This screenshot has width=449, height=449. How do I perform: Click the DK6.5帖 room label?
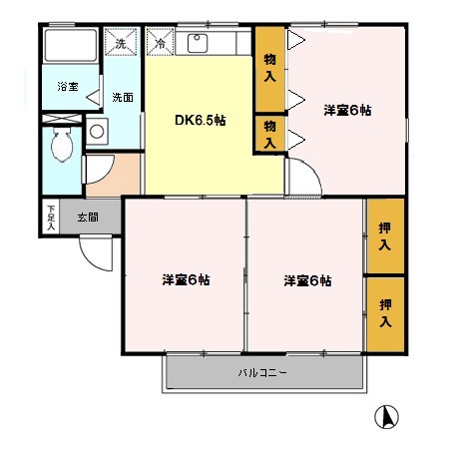(x=201, y=120)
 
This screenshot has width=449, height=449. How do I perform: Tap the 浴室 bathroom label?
(x=68, y=87)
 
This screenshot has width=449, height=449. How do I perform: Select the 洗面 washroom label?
(x=123, y=97)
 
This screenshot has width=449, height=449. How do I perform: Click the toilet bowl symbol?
(x=62, y=145)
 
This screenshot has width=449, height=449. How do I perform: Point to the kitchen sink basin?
(x=198, y=43)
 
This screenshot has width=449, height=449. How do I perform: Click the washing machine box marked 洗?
(x=121, y=42)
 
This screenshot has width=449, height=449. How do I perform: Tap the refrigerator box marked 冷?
(x=161, y=42)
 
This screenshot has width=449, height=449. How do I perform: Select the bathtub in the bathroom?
(x=71, y=46)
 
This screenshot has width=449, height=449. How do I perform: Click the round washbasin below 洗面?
(x=97, y=132)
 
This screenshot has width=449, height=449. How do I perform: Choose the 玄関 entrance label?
(x=88, y=218)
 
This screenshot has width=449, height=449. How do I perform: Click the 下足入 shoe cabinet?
(x=51, y=217)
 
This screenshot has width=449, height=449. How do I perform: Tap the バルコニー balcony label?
(x=262, y=373)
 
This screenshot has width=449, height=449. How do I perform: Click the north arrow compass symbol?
(x=386, y=417)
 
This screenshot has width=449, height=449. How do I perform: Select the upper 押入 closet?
(x=385, y=236)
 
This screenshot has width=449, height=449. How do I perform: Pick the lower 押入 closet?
(x=385, y=314)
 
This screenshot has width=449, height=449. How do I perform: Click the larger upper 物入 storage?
(x=269, y=69)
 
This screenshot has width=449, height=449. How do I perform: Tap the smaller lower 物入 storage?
(x=269, y=134)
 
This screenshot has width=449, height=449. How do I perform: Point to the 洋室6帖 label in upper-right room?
(x=347, y=110)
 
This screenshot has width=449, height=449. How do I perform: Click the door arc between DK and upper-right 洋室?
(x=312, y=168)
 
